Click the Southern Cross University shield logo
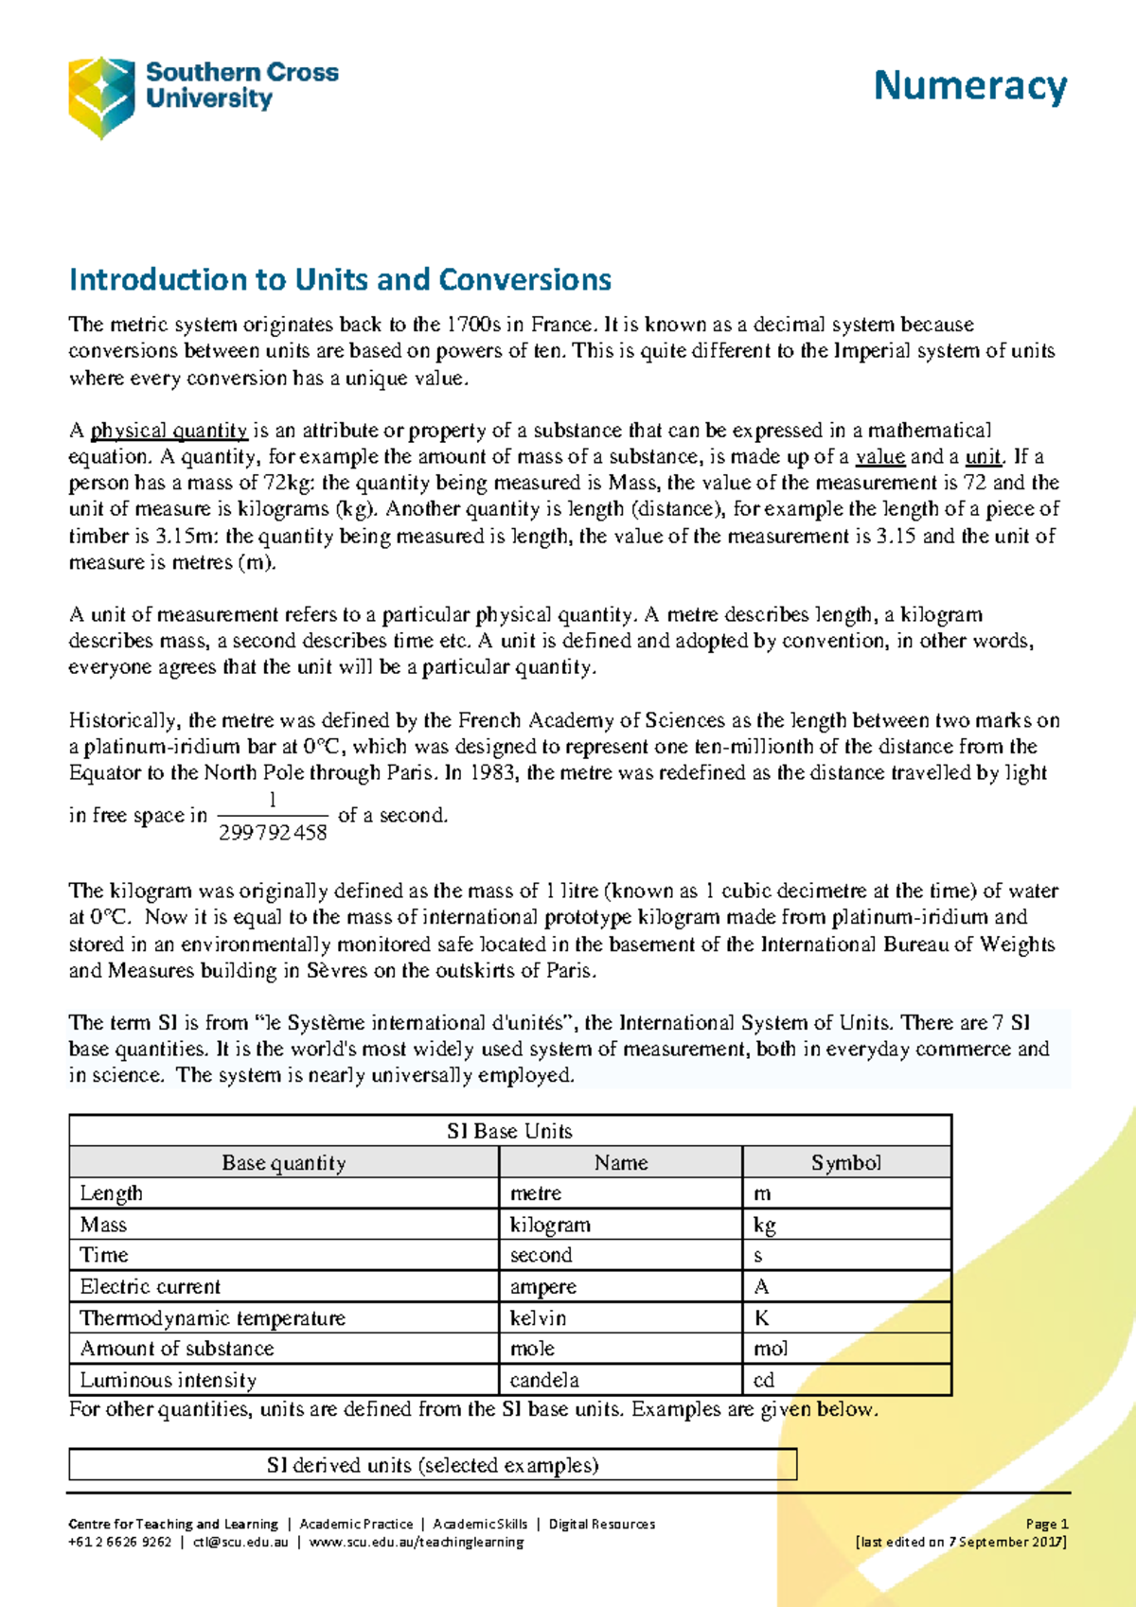point(101,97)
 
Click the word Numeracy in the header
point(969,86)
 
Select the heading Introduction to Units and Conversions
point(340,279)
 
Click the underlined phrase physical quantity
point(169,431)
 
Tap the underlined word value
point(879,457)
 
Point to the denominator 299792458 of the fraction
point(273,833)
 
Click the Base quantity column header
point(284,1162)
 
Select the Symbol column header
point(845,1162)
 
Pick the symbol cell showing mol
point(771,1349)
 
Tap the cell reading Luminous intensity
point(169,1380)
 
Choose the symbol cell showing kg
point(764,1225)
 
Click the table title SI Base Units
point(509,1131)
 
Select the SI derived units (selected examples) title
point(433,1465)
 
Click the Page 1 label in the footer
point(1047,1524)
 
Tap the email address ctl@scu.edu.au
point(240,1542)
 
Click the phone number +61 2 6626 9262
point(120,1542)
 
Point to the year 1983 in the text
point(493,772)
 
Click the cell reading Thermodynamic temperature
point(213,1318)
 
